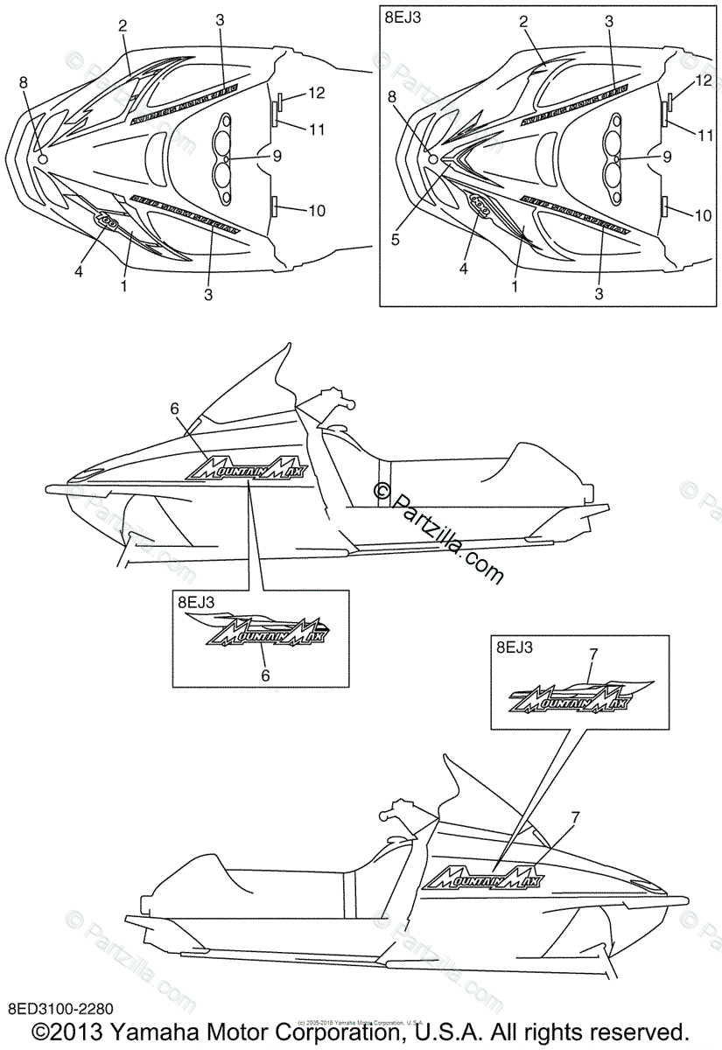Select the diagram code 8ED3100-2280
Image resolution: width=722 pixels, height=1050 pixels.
click(x=61, y=1011)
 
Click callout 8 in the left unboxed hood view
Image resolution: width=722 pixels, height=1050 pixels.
click(x=24, y=81)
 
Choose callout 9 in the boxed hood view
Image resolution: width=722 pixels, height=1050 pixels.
click(x=668, y=157)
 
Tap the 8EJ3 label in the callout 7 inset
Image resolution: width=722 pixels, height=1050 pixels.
click(x=514, y=648)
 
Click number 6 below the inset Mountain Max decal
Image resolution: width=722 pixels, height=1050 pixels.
click(x=265, y=675)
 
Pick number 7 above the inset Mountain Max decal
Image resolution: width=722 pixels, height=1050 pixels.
click(x=593, y=654)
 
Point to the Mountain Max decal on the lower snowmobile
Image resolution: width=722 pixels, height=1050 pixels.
click(x=482, y=871)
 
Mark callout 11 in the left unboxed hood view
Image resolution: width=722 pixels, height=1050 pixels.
click(x=316, y=129)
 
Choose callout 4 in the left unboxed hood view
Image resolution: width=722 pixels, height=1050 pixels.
click(x=79, y=272)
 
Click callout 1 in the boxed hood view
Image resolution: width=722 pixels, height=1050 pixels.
click(x=515, y=285)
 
